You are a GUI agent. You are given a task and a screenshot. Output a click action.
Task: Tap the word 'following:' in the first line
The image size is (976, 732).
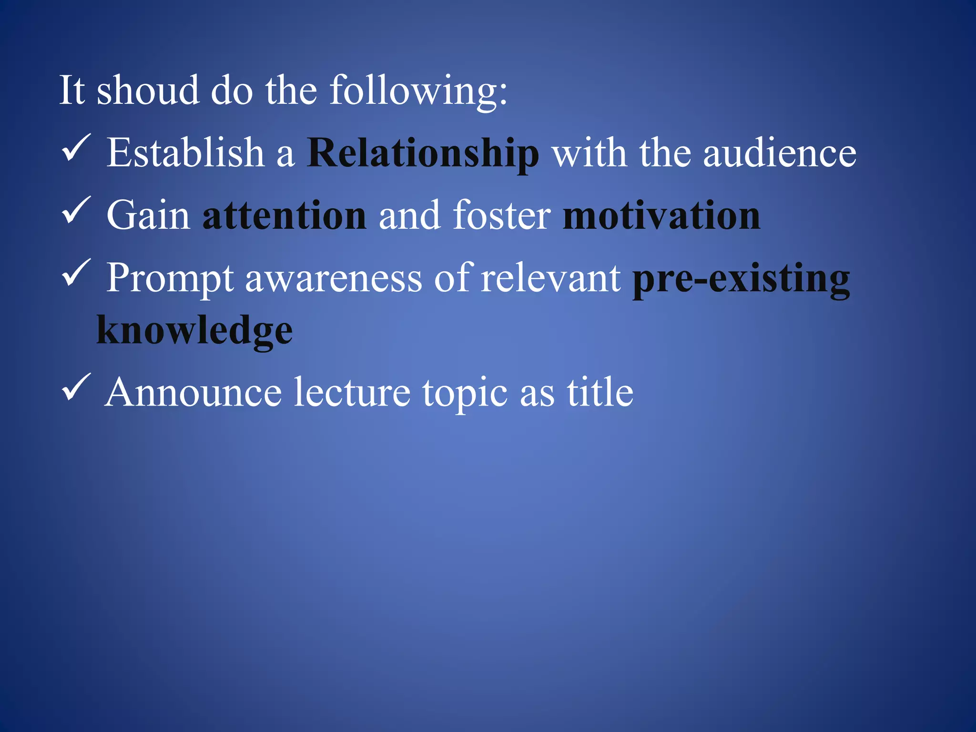point(418,91)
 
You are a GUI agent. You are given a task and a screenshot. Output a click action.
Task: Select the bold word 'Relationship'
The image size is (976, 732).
point(423,153)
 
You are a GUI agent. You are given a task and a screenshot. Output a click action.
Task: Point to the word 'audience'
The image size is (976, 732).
point(780,153)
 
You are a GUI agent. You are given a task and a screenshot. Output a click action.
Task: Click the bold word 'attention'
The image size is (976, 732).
point(285,215)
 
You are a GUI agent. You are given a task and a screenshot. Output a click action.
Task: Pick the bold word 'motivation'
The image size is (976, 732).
point(661,215)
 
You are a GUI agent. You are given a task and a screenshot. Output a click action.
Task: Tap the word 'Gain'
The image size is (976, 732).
point(148,215)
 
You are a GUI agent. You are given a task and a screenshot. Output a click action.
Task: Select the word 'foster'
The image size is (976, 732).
point(501,215)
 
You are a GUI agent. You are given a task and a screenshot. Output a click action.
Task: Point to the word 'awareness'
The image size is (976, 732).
point(333,278)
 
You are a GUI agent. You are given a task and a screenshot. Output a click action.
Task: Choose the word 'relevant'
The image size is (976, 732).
point(550,278)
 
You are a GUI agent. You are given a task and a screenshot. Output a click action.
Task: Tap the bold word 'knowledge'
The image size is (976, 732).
point(194,331)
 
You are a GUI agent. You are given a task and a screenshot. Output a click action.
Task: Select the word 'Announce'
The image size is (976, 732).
point(193,393)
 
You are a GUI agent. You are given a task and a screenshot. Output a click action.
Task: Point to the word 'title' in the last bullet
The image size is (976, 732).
point(600,393)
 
